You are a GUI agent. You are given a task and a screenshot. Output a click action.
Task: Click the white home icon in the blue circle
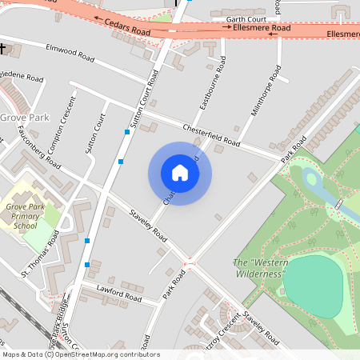(x=180, y=173)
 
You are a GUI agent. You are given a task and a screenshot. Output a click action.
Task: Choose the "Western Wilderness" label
(x=259, y=268)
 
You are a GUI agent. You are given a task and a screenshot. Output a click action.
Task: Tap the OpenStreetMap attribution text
(x=80, y=354)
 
